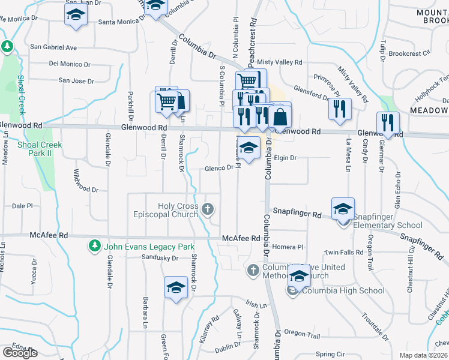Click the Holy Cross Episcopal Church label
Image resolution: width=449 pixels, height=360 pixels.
pyautogui.click(x=178, y=210)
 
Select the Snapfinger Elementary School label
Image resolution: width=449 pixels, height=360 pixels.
pyautogui.click(x=379, y=221)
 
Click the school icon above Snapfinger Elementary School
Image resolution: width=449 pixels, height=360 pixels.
pyautogui.click(x=343, y=208)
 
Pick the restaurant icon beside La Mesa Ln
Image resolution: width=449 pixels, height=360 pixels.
pyautogui.click(x=340, y=109)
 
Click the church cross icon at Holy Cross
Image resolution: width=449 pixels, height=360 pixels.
pyautogui.click(x=208, y=209)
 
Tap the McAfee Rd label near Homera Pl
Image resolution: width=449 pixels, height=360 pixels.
pyautogui.click(x=241, y=238)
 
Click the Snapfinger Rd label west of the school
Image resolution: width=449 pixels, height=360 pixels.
pyautogui.click(x=297, y=212)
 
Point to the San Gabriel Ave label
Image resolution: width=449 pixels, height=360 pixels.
pyautogui.click(x=53, y=47)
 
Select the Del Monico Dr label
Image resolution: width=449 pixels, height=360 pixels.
pyautogui.click(x=70, y=64)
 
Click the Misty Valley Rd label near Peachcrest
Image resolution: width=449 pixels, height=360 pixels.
pyautogui.click(x=279, y=62)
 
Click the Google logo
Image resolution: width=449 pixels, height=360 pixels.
pyautogui.click(x=20, y=353)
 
